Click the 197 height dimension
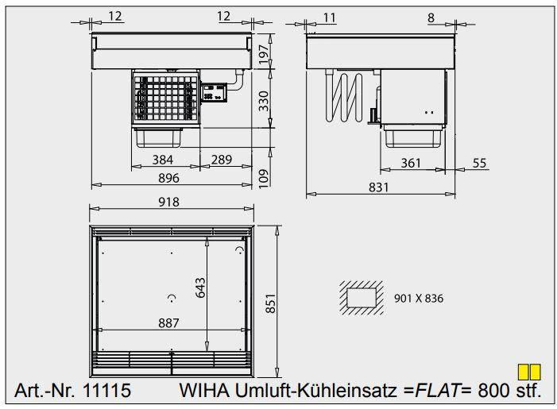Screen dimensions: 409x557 click(x=265, y=52)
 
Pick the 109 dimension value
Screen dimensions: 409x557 click(x=265, y=176)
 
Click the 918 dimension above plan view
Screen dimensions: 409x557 click(x=169, y=202)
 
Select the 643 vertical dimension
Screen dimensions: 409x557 click(x=200, y=293)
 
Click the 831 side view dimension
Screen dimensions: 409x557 click(x=379, y=187)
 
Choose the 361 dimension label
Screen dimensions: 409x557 click(x=410, y=163)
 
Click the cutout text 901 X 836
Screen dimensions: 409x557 click(x=418, y=299)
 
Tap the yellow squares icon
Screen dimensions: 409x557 click(x=529, y=371)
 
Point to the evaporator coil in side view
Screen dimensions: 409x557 click(x=347, y=96)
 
